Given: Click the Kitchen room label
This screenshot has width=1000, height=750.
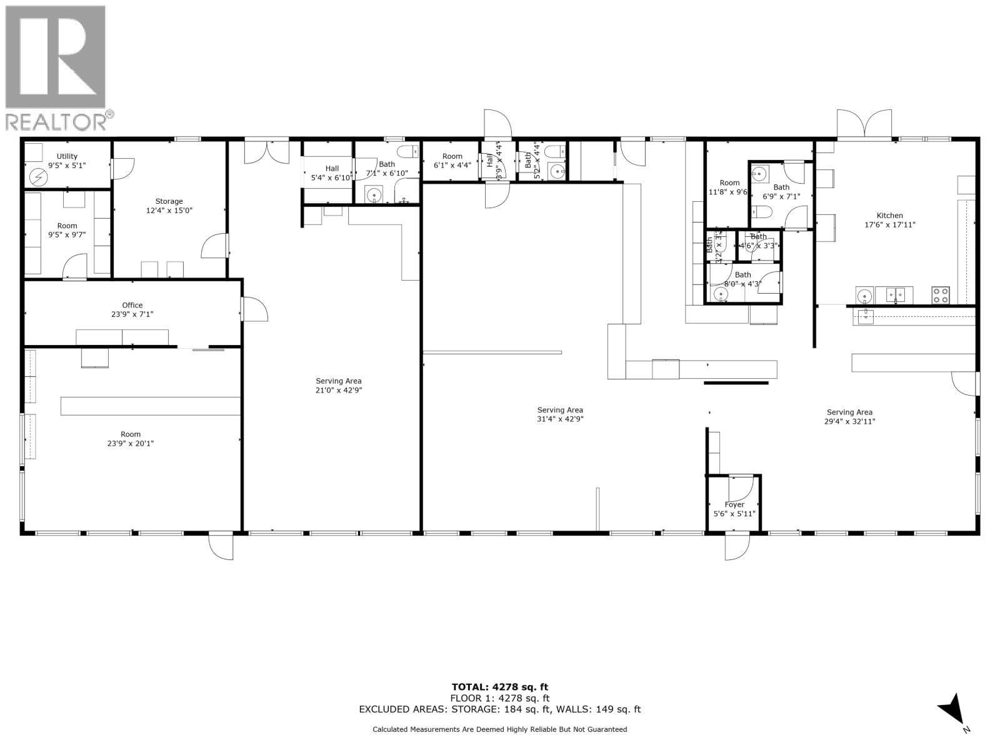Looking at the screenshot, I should (890, 216).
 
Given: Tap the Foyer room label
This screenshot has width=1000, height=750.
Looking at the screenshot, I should (734, 504).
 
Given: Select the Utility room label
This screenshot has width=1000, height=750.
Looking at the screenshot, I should (67, 156).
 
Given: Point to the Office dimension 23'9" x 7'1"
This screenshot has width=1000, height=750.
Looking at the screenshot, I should (132, 314).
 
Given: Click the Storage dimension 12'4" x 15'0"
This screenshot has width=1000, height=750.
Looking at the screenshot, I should (169, 211).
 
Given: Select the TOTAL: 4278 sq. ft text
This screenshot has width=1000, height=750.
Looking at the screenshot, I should (500, 687).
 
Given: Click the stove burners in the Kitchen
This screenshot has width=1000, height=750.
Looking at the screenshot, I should (941, 294).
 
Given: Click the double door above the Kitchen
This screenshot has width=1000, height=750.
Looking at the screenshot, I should (864, 124).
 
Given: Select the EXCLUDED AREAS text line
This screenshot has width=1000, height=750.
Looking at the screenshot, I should (500, 709).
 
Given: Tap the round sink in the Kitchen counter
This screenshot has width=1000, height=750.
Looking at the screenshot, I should (864, 296).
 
